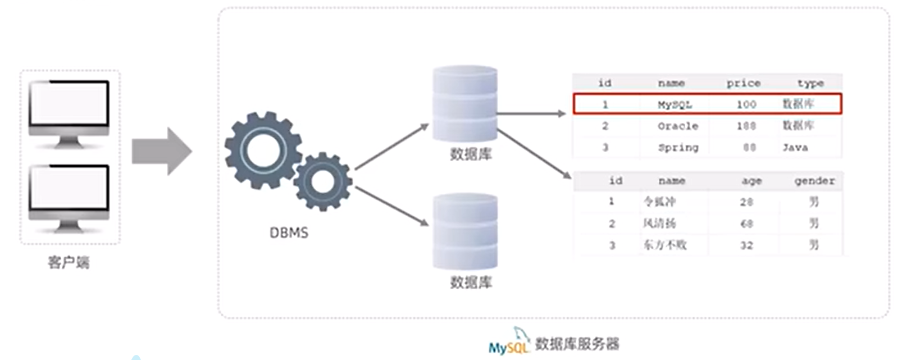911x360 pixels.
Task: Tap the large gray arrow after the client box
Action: (x=162, y=151)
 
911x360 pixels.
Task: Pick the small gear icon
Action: (x=322, y=181)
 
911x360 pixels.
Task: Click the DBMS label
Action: (x=289, y=233)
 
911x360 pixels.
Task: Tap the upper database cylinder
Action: (x=464, y=103)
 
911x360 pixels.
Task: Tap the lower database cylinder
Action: (x=464, y=231)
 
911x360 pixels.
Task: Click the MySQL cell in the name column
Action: (x=675, y=104)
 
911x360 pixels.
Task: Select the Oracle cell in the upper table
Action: (x=678, y=126)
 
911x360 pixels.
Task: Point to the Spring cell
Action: (x=678, y=148)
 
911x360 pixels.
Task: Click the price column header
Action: (x=743, y=83)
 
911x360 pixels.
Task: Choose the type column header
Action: (x=810, y=83)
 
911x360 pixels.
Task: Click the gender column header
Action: (x=814, y=181)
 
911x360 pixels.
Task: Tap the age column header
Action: (x=751, y=181)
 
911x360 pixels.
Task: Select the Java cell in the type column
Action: (x=795, y=148)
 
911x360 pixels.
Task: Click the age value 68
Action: (x=746, y=224)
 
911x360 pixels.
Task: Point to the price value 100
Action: (x=746, y=104)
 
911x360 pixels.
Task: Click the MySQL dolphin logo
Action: (x=509, y=342)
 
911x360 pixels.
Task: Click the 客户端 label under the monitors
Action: (x=69, y=262)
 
